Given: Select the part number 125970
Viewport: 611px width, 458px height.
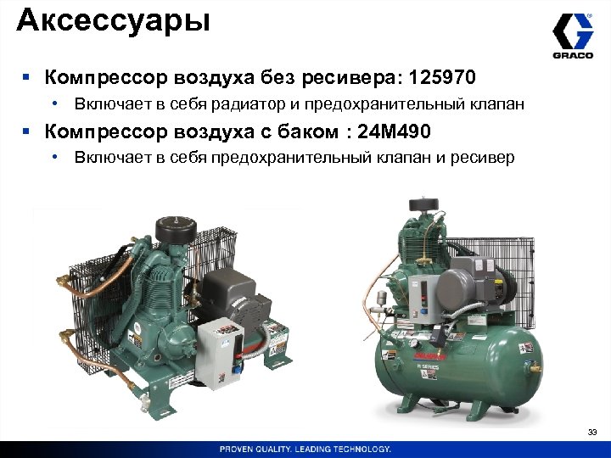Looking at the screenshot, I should [x=442, y=79].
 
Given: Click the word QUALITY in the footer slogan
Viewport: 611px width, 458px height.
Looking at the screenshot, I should [x=287, y=449].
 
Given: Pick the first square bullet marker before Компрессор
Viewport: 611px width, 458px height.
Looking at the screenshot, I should [x=27, y=80].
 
